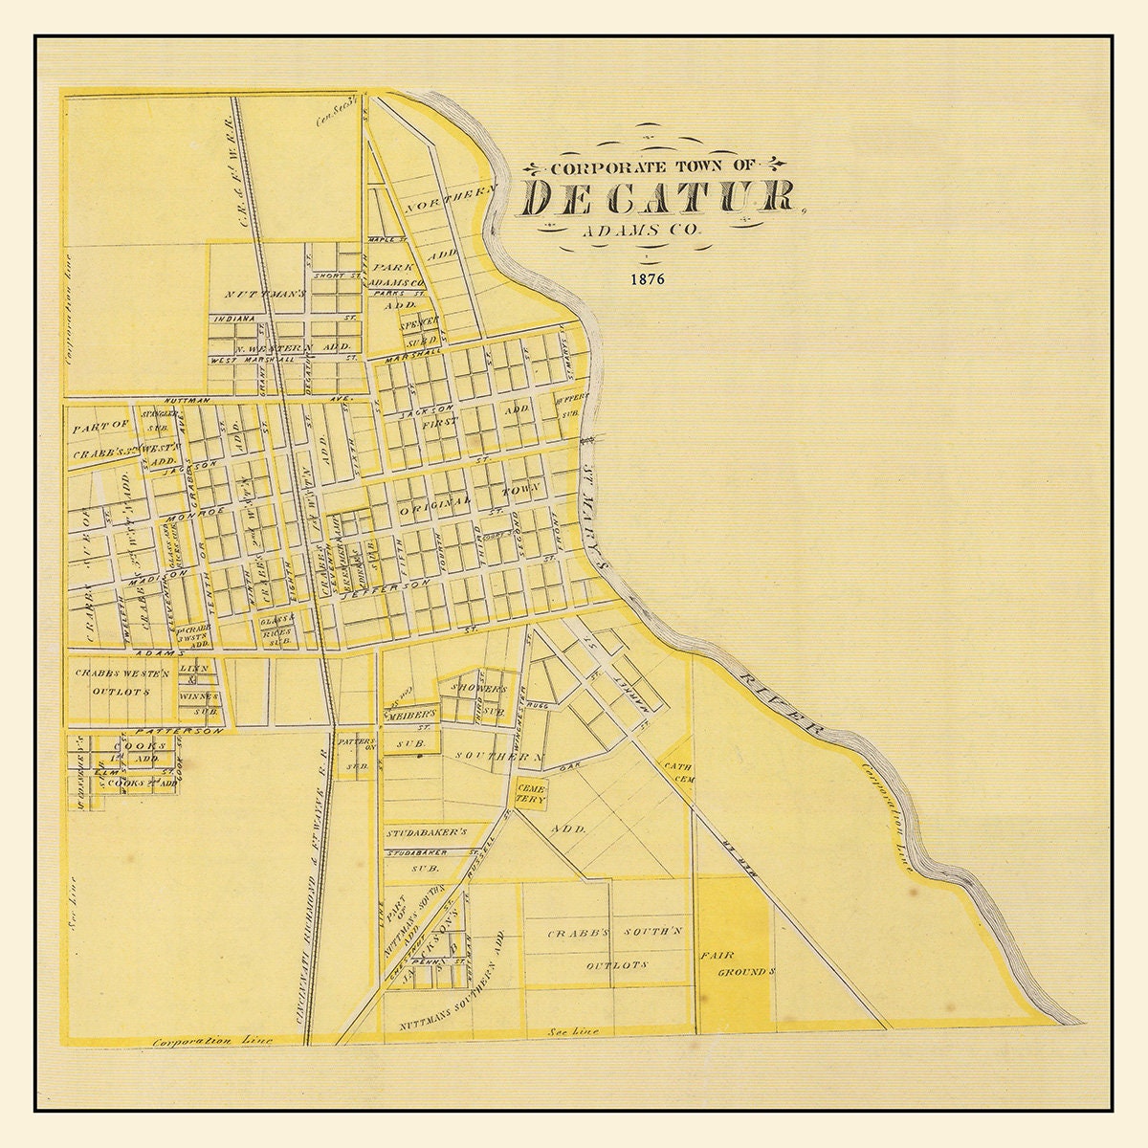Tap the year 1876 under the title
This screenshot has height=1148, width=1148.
[648, 281]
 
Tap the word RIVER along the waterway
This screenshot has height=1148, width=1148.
[779, 702]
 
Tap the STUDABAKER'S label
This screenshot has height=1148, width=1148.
[426, 833]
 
